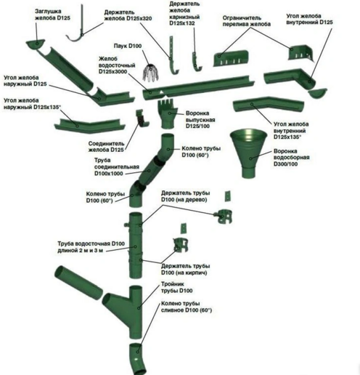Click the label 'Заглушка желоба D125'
pyautogui.click(x=52, y=15)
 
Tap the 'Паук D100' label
pyautogui.click(x=128, y=46)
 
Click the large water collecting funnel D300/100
pyautogui.click(x=248, y=153)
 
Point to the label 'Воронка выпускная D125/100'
pyautogui.click(x=200, y=120)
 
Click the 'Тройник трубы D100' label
pyautogui.click(x=176, y=287)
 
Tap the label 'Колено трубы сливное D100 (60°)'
pyautogui.click(x=187, y=307)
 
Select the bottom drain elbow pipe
pyautogui.click(x=138, y=358)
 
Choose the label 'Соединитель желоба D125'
pyautogui.click(x=106, y=147)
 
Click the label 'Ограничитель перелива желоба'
pyautogui.click(x=246, y=21)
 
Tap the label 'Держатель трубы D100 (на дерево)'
pyautogui.click(x=185, y=196)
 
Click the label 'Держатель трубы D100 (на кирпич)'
pyautogui.click(x=185, y=270)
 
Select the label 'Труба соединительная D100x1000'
pyautogui.click(x=117, y=167)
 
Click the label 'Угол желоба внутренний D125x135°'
pyautogui.click(x=291, y=131)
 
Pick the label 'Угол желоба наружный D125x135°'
pyautogui.click(x=31, y=104)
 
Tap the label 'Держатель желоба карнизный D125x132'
pyautogui.click(x=184, y=14)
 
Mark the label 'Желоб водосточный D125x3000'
pyautogui.click(x=117, y=65)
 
